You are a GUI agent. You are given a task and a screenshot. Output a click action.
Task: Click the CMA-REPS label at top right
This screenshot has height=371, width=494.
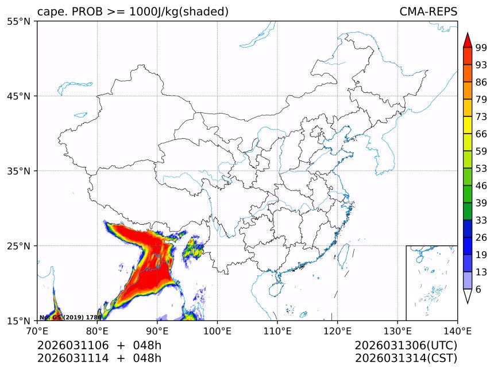(428, 11)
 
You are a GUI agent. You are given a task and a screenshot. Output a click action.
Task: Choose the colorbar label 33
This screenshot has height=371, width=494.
(481, 220)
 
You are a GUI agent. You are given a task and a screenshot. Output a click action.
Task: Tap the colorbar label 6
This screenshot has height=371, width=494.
(478, 290)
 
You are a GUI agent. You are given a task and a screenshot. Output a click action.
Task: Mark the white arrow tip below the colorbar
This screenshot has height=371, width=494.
(468, 297)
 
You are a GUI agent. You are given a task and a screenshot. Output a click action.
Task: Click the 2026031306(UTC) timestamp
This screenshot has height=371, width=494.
(406, 345)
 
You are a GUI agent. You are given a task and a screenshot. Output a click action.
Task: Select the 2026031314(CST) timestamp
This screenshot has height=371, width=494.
(406, 358)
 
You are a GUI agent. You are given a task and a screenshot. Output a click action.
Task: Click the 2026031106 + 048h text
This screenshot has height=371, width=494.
(99, 345)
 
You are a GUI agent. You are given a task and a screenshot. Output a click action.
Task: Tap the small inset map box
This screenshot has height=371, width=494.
(431, 283)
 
